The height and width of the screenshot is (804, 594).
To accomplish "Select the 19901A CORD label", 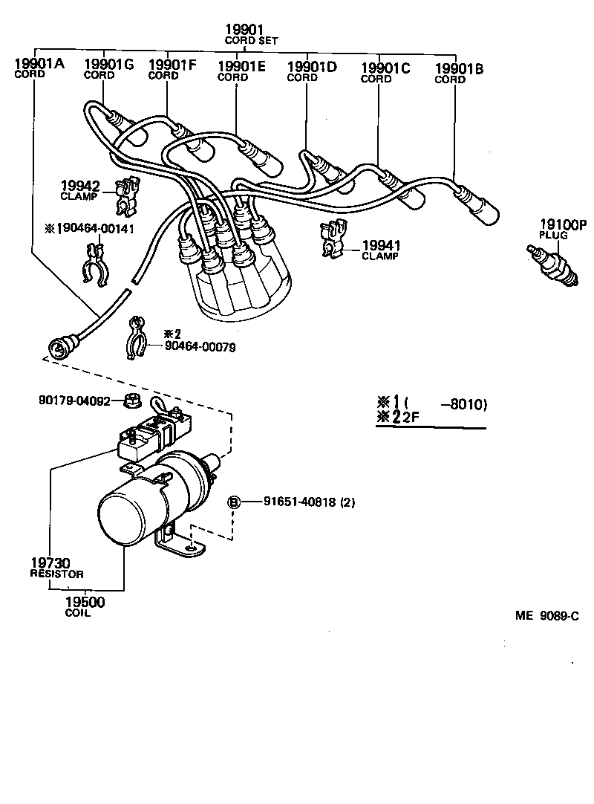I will coord(39,68).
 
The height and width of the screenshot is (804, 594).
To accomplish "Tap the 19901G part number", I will coord(108,65).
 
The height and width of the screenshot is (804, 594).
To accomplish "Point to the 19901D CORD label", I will coord(311,71).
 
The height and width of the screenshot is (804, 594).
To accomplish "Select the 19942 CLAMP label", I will coord(79,191).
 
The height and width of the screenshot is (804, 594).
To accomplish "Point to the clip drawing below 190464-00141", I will coord(94,268).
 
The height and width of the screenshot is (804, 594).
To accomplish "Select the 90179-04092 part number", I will coord(74,401).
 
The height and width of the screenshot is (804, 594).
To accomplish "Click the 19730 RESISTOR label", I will coord(56,568).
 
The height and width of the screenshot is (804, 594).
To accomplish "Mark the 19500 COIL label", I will coord(85,607).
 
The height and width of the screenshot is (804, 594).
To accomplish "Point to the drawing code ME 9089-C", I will coord(546,616).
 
